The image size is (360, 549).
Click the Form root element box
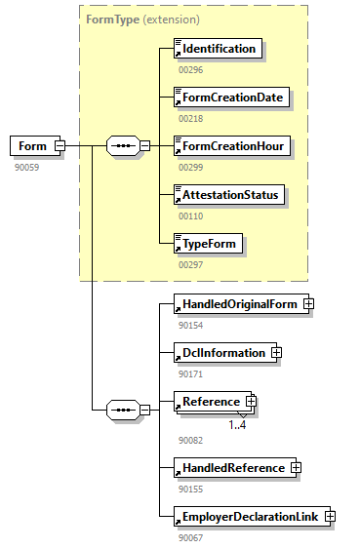pyautogui.click(x=31, y=146)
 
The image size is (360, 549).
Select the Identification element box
pyautogui.click(x=218, y=49)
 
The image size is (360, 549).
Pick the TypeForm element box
pyautogui.click(x=207, y=244)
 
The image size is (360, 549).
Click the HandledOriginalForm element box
pyautogui.click(x=237, y=303)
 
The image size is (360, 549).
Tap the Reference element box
pyautogui.click(x=209, y=401)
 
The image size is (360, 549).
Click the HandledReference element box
pyautogui.click(x=231, y=468)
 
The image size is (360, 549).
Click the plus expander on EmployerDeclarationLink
pyautogui.click(x=330, y=516)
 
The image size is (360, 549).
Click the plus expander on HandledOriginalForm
pyautogui.click(x=308, y=303)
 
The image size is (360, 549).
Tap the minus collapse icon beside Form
pyautogui.click(x=60, y=146)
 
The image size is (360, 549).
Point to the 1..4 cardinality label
pyautogui.click(x=237, y=424)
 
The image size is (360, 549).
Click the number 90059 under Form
pyautogui.click(x=26, y=167)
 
